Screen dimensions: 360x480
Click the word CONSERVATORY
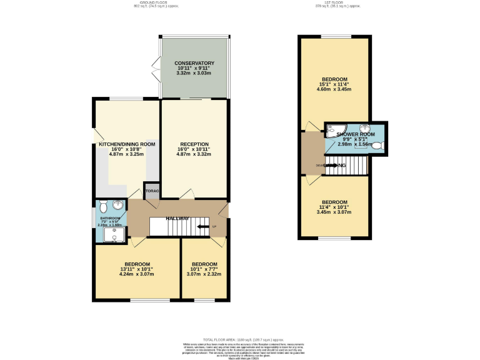tap(194, 63)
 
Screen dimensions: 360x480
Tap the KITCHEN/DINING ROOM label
tap(127, 144)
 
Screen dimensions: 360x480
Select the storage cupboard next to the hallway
tap(152, 191)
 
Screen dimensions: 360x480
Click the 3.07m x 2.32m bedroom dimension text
tap(204, 274)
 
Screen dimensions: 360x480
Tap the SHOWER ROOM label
tap(356, 134)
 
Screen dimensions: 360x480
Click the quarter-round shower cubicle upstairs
tap(331, 129)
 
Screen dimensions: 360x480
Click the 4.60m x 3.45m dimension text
tap(334, 89)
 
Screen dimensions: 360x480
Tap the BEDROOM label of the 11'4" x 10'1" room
tap(334, 202)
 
